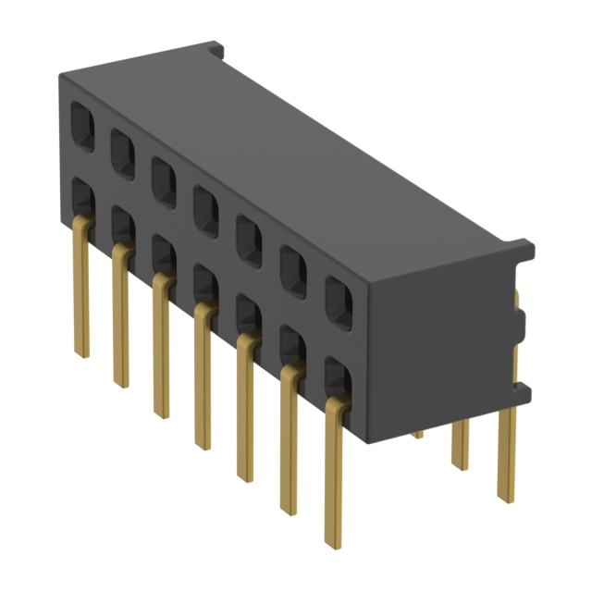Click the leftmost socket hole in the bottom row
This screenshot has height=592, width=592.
click(x=81, y=196)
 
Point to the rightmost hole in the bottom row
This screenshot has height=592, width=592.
click(x=339, y=381)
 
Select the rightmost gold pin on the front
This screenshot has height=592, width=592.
click(x=335, y=472)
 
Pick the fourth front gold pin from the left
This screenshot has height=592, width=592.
click(x=202, y=379)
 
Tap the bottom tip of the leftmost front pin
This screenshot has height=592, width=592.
click(x=81, y=353)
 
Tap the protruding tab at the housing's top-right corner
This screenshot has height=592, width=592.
click(x=524, y=249)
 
